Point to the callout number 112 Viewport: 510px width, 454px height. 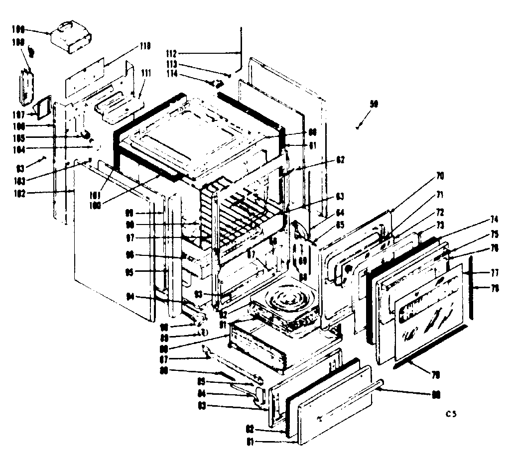(x=171, y=53)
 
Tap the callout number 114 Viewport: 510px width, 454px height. (x=172, y=75)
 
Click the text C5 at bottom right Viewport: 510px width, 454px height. (x=451, y=414)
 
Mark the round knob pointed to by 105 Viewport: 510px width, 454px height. (x=85, y=134)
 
